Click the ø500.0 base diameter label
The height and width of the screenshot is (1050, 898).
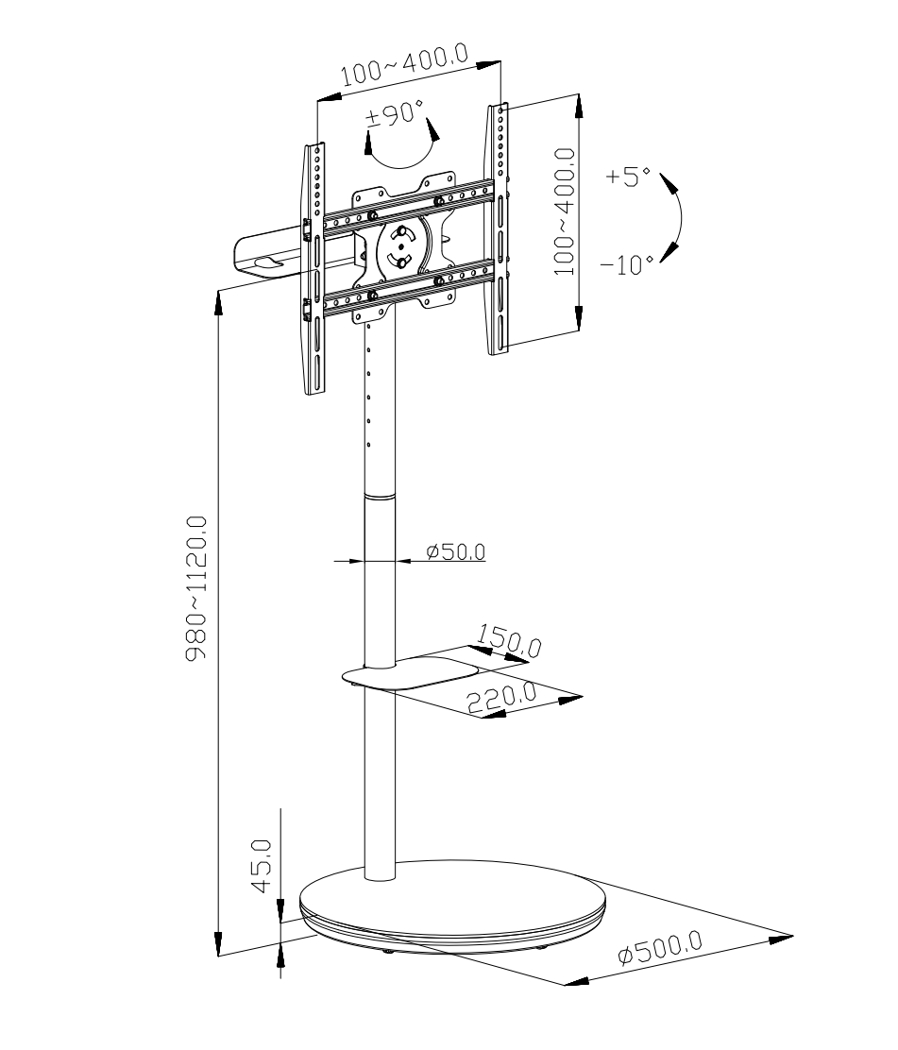point(660,947)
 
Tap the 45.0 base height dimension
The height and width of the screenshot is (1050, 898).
point(262,866)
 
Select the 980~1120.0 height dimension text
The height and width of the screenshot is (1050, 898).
point(196,587)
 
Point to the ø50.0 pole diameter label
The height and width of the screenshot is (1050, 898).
point(456,551)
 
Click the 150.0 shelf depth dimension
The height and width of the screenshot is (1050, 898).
point(510,641)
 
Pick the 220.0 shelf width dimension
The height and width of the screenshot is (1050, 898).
point(502,699)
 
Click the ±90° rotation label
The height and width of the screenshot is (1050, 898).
point(395,114)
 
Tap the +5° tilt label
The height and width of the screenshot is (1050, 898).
point(627,177)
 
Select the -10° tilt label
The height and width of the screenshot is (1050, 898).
point(626,265)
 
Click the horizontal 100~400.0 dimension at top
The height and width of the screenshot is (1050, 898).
point(405,65)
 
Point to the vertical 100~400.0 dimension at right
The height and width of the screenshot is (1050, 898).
point(565,212)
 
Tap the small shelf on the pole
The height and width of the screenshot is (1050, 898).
point(411,673)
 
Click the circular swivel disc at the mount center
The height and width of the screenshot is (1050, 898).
point(399,247)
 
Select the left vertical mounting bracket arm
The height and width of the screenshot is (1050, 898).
point(314,268)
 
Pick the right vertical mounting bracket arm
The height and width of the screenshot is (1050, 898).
point(499,229)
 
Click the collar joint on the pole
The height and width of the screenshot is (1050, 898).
point(380,497)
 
